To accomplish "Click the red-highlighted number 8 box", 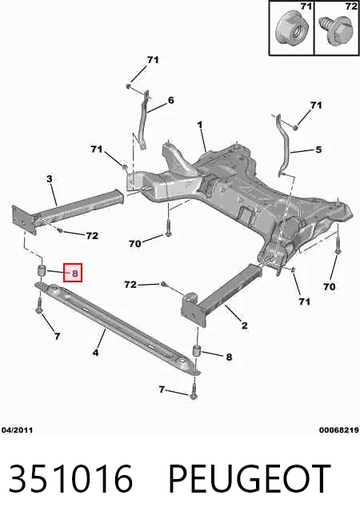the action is click(73, 273).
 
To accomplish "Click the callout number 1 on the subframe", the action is click(200, 126).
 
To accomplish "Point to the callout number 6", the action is click(171, 100).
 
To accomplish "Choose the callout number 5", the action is click(318, 150).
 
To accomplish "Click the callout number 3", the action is click(50, 179).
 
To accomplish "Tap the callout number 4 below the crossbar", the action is click(95, 352).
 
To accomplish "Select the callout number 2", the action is click(245, 325).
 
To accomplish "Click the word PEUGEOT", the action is click(250, 479).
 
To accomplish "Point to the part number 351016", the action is click(70, 479).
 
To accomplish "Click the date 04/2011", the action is click(17, 430).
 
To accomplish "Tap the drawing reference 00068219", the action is click(338, 430).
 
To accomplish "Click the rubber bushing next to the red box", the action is click(41, 270).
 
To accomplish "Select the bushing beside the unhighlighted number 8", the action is click(197, 351).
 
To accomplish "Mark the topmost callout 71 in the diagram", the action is click(153, 60).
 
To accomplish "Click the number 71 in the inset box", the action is click(306, 6).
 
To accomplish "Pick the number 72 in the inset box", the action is click(351, 6).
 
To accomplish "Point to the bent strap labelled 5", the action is click(283, 144).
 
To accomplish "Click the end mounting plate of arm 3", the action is click(24, 220).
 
